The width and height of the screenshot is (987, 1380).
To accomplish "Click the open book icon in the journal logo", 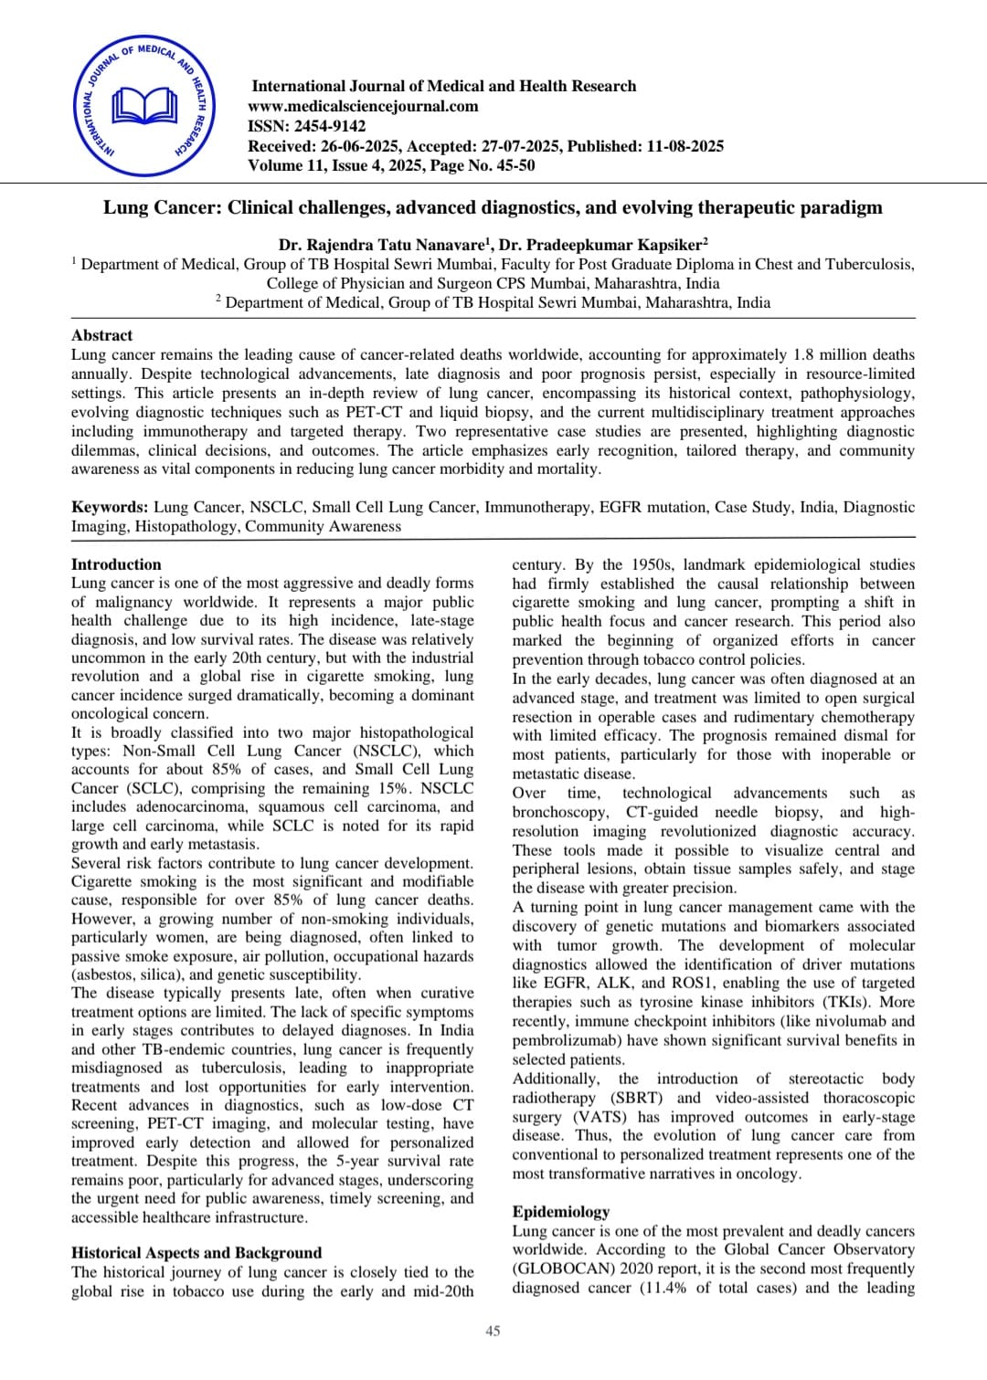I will (x=144, y=107).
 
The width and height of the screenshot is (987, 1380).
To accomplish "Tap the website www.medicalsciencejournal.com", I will (x=363, y=106).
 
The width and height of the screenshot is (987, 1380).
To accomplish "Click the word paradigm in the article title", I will (x=841, y=207).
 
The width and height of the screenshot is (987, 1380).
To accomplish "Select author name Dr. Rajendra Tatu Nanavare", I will (x=382, y=245).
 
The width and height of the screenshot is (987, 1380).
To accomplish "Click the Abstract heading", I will (x=101, y=335).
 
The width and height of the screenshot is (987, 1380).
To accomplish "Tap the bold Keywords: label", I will (x=110, y=507).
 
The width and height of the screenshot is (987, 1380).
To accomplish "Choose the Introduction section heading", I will (x=116, y=564).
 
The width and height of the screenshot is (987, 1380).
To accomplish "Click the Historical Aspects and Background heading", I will (x=196, y=1253).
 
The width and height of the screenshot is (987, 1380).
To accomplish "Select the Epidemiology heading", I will (x=560, y=1212).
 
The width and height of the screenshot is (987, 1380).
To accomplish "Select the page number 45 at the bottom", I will (x=493, y=1331).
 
